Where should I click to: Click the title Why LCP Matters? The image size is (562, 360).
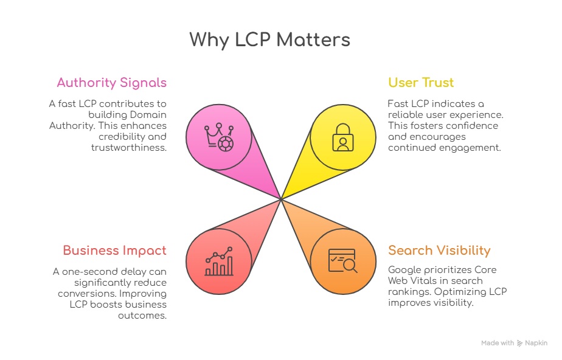click(269, 40)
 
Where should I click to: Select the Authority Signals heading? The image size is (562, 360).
click(111, 83)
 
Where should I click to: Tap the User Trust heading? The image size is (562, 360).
click(421, 83)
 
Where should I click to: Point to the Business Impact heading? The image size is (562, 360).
click(114, 251)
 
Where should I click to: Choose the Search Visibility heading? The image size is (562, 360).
click(439, 251)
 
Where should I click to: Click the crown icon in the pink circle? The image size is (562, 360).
click(218, 136)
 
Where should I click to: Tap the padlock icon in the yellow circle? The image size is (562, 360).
click(342, 137)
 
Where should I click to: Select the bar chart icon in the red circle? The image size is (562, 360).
click(218, 261)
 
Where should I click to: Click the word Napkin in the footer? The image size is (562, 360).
click(536, 344)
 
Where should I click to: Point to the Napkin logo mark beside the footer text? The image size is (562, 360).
click(519, 344)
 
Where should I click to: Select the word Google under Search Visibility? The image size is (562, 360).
click(405, 270)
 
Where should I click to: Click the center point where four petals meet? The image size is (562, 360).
click(281, 199)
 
